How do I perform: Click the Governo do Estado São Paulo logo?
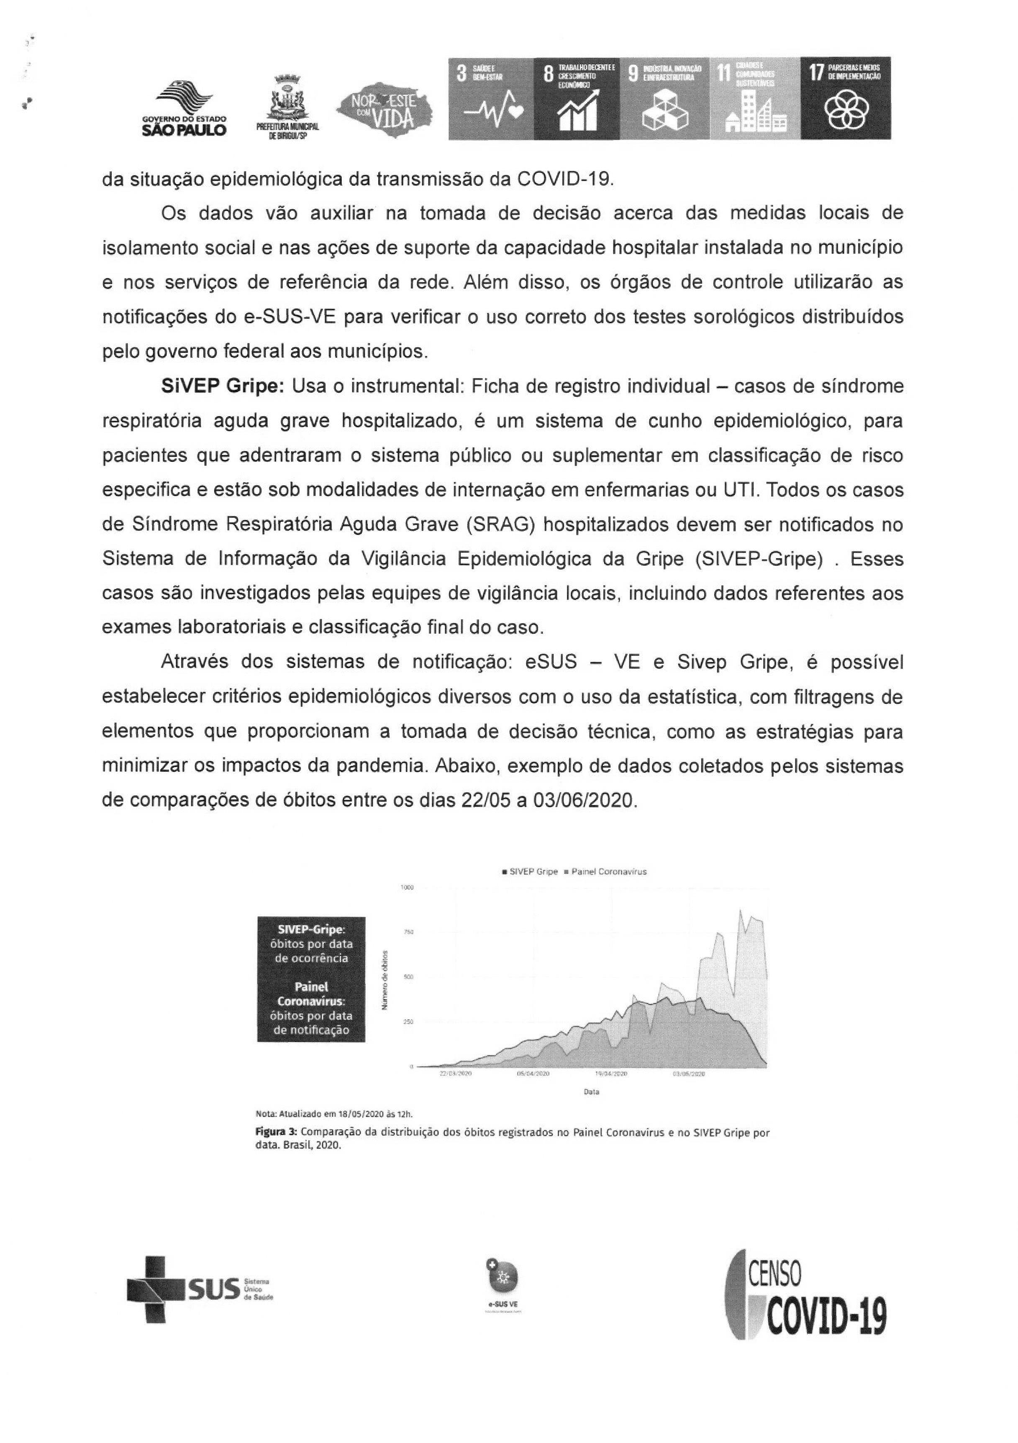point(185,108)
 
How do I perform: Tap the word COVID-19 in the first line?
point(563,179)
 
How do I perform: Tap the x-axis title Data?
point(591,1092)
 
